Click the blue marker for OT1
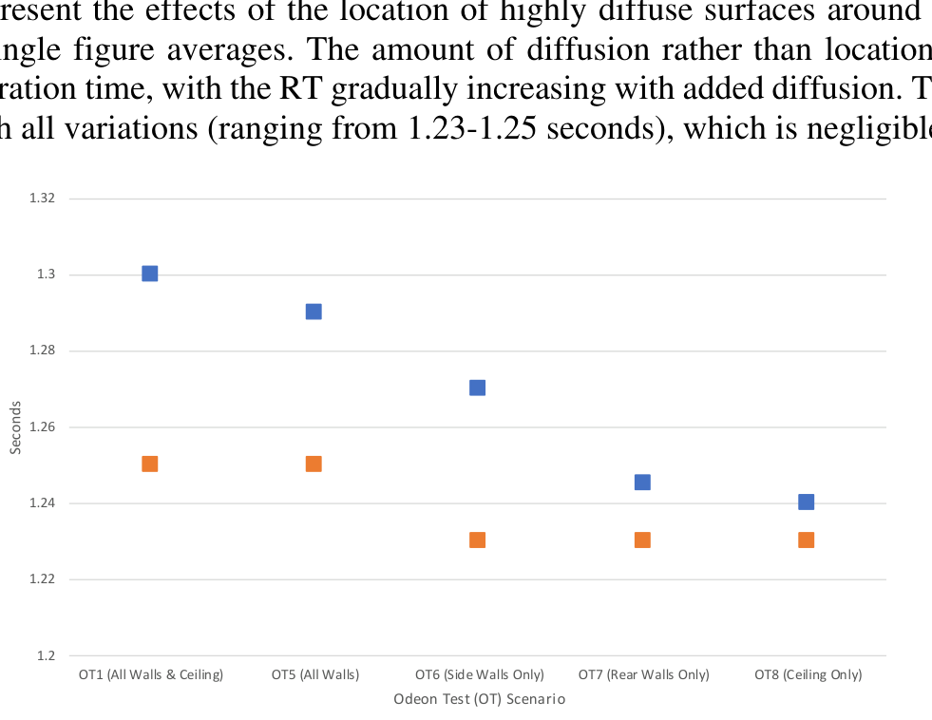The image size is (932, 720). [x=149, y=274]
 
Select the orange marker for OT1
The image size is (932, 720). [x=149, y=464]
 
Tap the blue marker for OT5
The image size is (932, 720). [x=314, y=312]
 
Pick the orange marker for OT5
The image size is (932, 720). [x=314, y=464]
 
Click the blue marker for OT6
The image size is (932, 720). [x=477, y=388]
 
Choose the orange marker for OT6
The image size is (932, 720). [x=477, y=540]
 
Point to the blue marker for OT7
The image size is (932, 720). [x=642, y=483]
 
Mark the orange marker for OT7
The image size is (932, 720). [x=642, y=540]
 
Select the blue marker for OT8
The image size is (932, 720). [x=806, y=502]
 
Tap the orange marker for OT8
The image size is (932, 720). [x=806, y=540]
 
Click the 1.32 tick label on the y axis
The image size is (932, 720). [x=47, y=199]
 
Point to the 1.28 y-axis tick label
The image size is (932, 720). [x=47, y=351]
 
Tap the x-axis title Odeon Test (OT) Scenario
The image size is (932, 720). [x=479, y=699]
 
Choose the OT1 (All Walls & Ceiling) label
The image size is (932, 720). [x=150, y=675]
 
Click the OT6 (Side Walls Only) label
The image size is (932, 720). [x=479, y=675]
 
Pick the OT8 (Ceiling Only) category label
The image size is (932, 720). [x=808, y=675]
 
